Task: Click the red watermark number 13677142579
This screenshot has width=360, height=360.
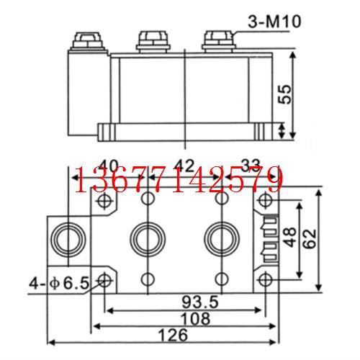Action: pyautogui.click(x=179, y=180)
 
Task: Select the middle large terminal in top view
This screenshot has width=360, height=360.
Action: pyautogui.click(x=147, y=237)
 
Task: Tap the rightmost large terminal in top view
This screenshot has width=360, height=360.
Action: pyautogui.click(x=220, y=237)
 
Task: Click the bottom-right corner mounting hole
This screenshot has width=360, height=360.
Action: pyautogui.click(x=264, y=279)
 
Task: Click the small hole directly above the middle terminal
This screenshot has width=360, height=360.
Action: pyautogui.click(x=148, y=198)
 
